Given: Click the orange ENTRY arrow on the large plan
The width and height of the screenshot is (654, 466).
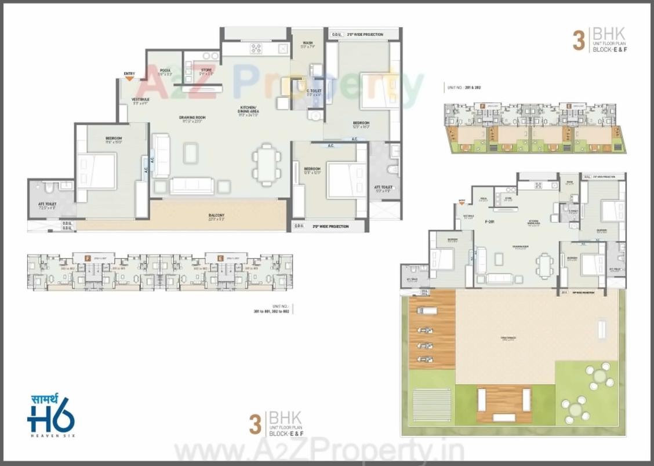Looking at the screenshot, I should pos(129,78).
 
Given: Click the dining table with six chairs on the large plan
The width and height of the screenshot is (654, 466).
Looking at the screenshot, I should pos(267,165).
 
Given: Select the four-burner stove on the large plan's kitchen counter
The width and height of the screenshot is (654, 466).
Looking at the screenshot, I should pos(256,49).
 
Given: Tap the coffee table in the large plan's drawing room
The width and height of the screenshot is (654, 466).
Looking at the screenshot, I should pos(191,153).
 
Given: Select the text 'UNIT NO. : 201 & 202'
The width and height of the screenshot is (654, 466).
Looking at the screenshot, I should pos(464,88).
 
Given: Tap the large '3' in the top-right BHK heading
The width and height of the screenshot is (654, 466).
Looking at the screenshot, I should pos(578,42).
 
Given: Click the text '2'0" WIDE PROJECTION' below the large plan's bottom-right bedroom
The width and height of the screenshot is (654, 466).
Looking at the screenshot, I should pos(330,227).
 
